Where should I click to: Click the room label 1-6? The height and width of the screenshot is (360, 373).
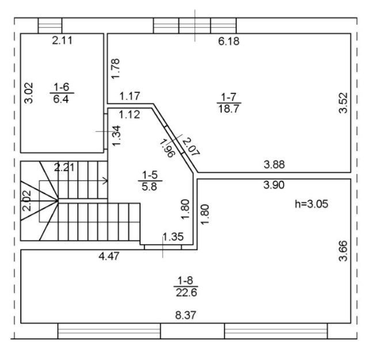[62, 87]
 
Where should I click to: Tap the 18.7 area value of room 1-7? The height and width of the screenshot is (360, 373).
[229, 109]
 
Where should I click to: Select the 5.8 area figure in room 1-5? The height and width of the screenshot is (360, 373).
[150, 187]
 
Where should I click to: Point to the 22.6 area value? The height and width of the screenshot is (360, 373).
[186, 293]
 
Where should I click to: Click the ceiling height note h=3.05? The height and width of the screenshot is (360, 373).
[311, 204]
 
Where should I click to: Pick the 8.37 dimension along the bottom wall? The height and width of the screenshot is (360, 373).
[186, 315]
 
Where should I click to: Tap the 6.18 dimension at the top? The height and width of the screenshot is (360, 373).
[229, 41]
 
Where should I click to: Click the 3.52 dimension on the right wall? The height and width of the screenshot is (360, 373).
[343, 103]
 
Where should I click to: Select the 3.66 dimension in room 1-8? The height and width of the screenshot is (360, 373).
[343, 251]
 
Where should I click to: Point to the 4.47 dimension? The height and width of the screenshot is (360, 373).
[109, 256]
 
